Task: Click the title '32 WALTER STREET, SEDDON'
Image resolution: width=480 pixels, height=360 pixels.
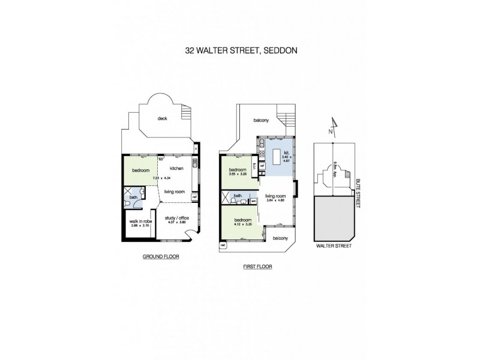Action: pos(239,51)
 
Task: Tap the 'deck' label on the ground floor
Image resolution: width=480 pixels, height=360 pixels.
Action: pos(162,118)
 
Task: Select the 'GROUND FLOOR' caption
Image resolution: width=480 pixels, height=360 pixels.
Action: pos(161,256)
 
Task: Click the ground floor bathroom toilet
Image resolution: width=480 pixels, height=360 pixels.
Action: pos(128,205)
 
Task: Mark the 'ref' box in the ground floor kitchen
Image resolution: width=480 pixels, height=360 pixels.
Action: pos(194,196)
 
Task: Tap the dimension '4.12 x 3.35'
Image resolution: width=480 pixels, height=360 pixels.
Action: pos(242,225)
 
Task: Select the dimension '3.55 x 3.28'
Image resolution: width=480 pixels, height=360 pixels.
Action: pos(237,175)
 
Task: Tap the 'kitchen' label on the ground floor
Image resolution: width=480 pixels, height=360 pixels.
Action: pos(176,169)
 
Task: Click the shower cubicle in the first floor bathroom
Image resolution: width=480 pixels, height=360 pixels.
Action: pos(226,197)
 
